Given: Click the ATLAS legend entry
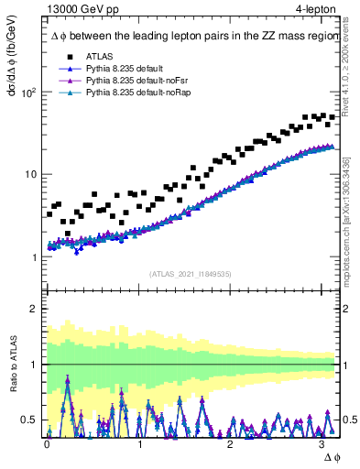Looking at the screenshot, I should point(99,56).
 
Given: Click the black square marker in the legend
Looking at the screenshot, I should point(64,56).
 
